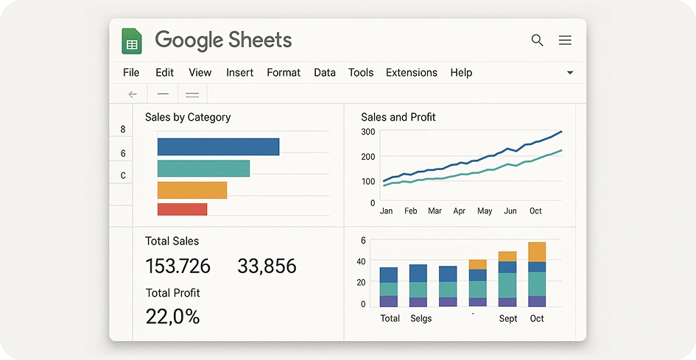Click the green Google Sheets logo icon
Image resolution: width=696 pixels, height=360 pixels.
(132, 40)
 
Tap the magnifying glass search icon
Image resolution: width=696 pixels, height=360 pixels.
(537, 40)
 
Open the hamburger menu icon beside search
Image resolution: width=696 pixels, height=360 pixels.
(565, 40)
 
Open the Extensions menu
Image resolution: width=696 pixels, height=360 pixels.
(412, 72)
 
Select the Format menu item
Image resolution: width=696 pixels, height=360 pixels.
(284, 72)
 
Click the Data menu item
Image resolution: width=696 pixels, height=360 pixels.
(325, 72)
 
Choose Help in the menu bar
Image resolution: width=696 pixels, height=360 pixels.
(461, 72)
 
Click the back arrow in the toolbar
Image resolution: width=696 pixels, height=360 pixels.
(133, 94)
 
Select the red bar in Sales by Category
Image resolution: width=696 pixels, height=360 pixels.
(182, 209)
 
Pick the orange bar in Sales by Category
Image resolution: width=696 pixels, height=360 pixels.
(192, 190)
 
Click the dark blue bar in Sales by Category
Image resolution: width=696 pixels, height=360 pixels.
(219, 147)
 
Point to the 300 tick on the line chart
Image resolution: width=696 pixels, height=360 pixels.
(368, 132)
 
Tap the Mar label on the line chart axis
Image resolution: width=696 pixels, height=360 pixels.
(435, 211)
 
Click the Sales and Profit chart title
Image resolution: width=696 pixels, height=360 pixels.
(398, 117)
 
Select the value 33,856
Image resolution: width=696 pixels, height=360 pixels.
(267, 267)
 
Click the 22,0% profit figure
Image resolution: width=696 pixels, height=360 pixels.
(172, 317)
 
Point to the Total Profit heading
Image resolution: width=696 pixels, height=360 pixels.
(172, 293)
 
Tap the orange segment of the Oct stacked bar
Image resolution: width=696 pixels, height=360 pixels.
(537, 252)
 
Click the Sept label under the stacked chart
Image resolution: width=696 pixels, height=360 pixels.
(507, 319)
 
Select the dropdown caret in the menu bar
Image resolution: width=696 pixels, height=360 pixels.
(570, 73)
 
